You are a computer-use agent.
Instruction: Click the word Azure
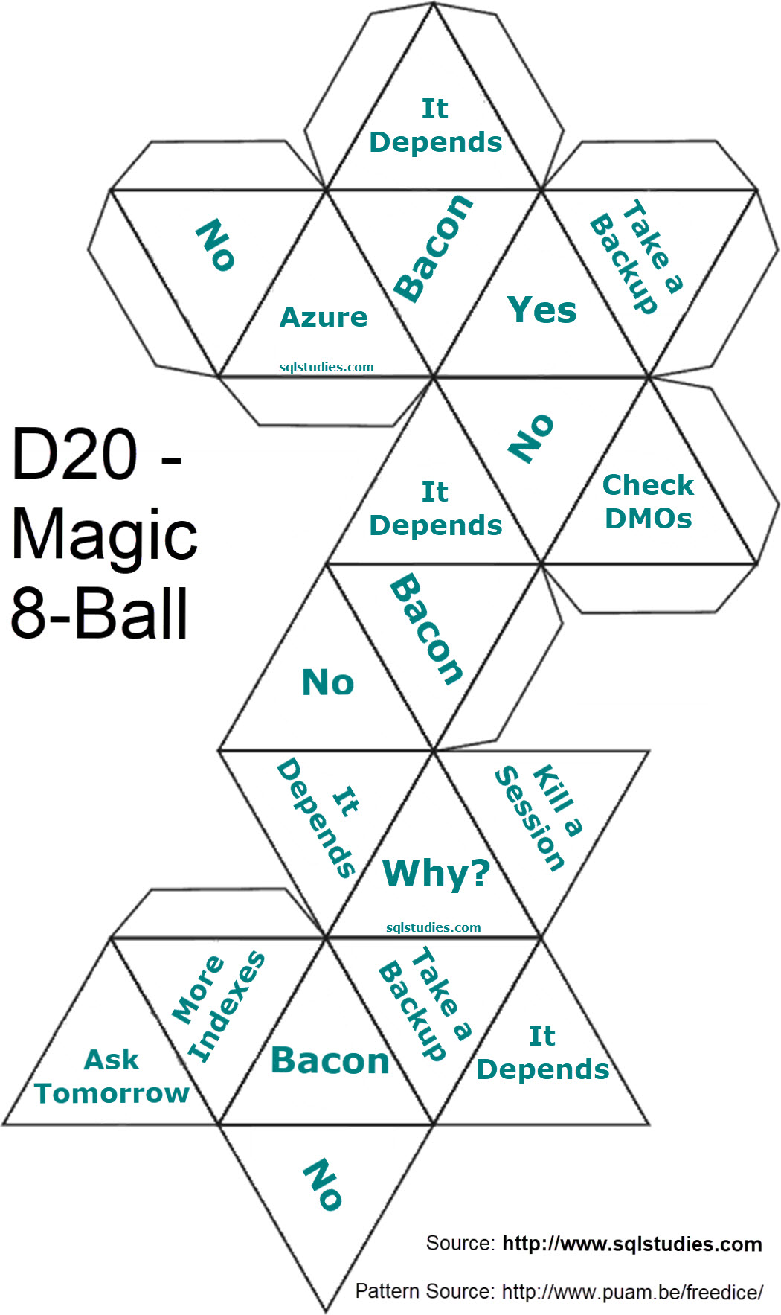point(324,318)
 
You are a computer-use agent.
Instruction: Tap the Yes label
point(541,310)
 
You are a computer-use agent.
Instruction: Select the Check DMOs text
point(648,502)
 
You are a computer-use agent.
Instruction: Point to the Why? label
point(436,873)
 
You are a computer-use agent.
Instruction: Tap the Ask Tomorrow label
point(112,1076)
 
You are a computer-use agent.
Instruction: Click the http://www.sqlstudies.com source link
point(631,1244)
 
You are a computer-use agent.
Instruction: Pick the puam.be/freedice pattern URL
point(631,1292)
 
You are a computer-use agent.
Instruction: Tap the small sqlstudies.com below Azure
point(326,367)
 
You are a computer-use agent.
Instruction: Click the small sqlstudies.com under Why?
point(433,927)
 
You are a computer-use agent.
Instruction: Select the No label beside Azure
point(215,244)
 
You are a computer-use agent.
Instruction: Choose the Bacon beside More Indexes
point(330,1060)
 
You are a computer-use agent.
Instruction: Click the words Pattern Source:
point(424,1291)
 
